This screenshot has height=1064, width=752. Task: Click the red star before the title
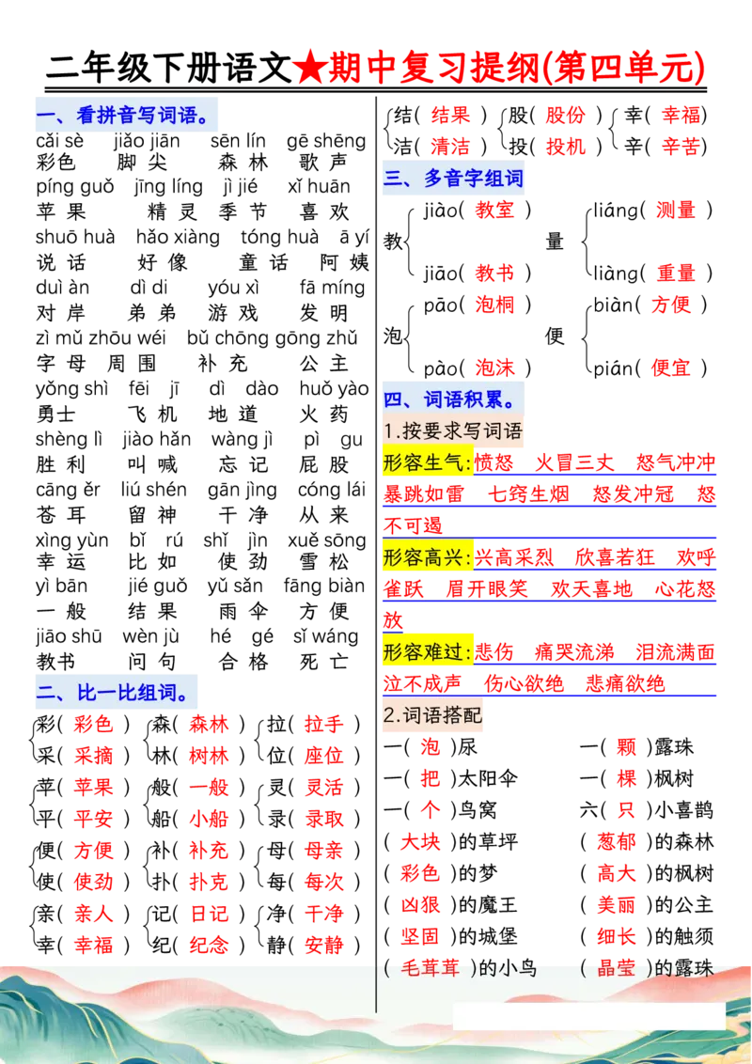[306, 68]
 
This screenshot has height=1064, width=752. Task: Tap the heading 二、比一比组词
[116, 693]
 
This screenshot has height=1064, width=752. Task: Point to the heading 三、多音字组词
[453, 179]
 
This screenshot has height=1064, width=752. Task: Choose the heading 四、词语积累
[452, 399]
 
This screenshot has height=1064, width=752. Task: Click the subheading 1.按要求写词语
[452, 430]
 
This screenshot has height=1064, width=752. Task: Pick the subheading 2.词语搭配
[433, 716]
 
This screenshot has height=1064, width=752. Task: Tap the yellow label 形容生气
[426, 462]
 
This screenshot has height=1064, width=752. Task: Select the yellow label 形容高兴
[426, 557]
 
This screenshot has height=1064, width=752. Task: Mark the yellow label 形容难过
[426, 651]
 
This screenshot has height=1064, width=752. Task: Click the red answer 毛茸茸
[431, 969]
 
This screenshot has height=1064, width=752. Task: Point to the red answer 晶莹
[617, 969]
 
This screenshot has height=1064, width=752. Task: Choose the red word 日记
[209, 913]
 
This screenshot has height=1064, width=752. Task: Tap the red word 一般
[209, 787]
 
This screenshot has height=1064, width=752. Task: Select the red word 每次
[323, 882]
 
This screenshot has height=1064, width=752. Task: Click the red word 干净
[323, 913]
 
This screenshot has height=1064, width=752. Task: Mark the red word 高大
[617, 873]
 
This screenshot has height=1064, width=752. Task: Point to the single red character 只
[627, 809]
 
